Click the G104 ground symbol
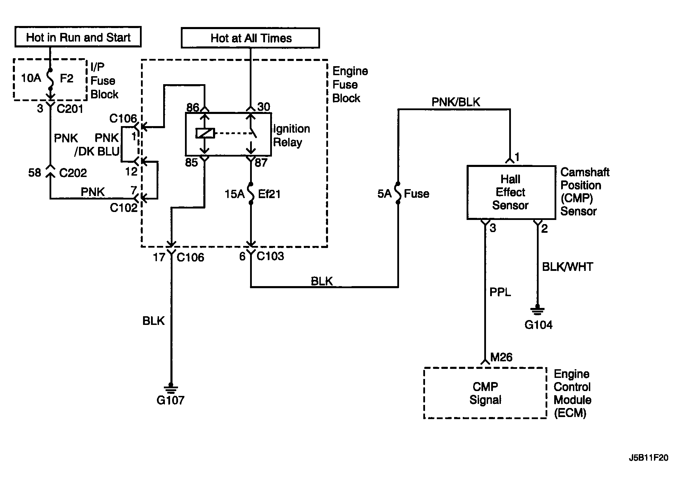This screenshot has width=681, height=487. click(x=537, y=310)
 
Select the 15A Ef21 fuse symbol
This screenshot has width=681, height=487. click(x=251, y=195)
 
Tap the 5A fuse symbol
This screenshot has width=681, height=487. click(x=398, y=193)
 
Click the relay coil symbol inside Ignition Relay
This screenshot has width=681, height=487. click(x=205, y=133)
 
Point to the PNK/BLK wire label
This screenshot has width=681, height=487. click(x=456, y=102)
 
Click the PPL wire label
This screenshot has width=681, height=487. click(x=500, y=292)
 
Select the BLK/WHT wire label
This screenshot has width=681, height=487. click(x=567, y=267)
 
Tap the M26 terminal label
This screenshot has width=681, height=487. click(x=502, y=357)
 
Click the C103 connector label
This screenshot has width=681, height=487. click(x=270, y=256)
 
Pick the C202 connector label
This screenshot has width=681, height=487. click(x=73, y=172)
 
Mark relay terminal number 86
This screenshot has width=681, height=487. click(x=193, y=107)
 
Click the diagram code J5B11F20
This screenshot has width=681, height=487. click(x=648, y=458)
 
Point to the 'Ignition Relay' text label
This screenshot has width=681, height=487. click(x=291, y=135)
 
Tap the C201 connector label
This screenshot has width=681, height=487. click(x=70, y=109)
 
